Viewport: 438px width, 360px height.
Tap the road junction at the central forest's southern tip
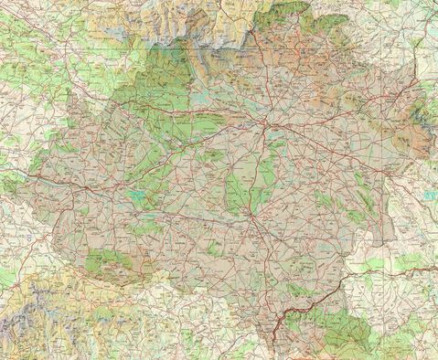[249, 219]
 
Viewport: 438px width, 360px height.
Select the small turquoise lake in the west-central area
[137, 195]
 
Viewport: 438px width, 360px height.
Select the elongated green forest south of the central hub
[240, 187]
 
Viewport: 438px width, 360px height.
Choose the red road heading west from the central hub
[210, 137]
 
